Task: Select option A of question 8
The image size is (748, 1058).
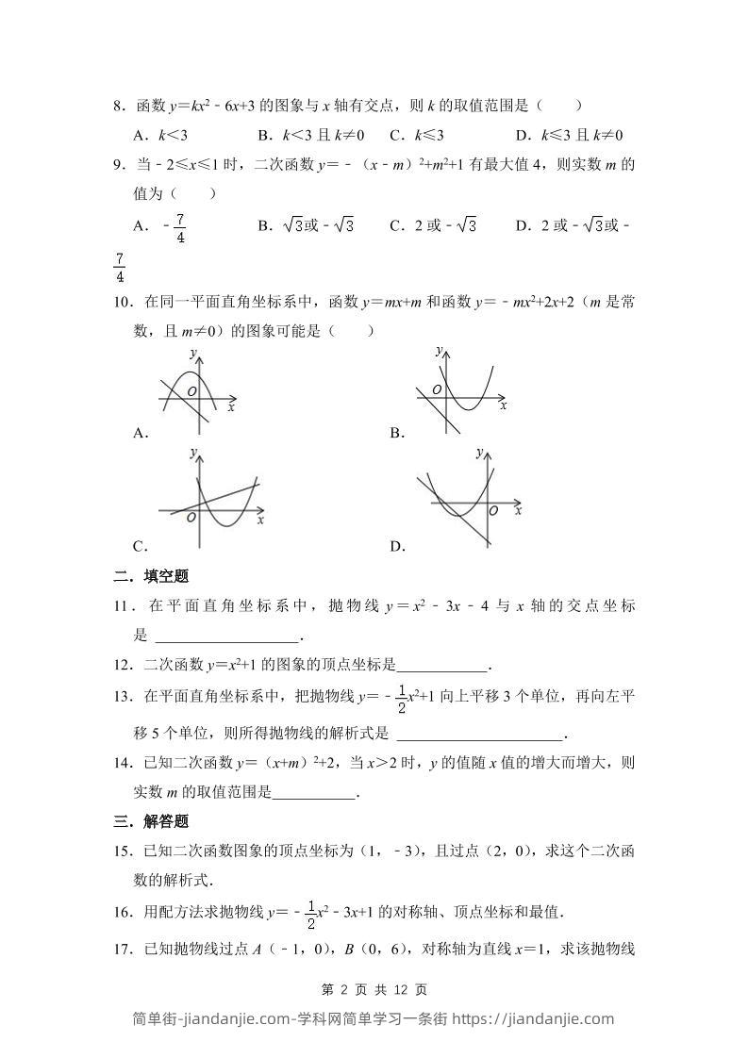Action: pos(160,135)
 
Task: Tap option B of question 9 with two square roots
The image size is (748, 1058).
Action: pos(305,225)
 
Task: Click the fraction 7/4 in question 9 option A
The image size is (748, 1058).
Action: pos(180,227)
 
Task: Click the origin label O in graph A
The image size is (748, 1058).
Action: pos(191,390)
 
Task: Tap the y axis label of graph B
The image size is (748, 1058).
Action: pos(439,351)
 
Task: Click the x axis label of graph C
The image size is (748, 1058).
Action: pos(260,520)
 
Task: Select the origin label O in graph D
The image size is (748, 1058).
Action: pos(493,510)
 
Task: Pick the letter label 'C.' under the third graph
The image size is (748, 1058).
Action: pos(141,546)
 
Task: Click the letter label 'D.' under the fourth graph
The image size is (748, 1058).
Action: pos(397,546)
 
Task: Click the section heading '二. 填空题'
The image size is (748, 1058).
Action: pos(151,577)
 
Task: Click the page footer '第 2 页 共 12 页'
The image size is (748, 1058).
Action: pos(374,990)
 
